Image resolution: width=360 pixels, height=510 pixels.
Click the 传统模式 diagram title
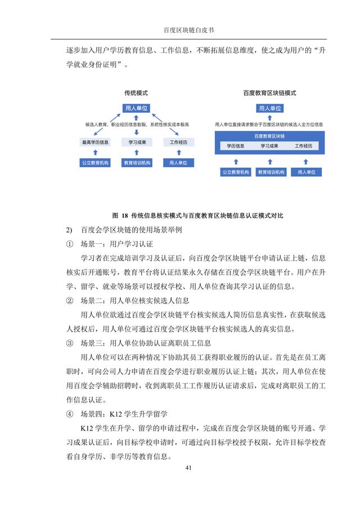coord(136,93)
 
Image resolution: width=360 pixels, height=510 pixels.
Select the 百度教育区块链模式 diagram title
coord(269,93)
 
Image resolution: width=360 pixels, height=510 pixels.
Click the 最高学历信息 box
coord(96,142)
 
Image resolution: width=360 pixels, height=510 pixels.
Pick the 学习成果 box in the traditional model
coord(137,142)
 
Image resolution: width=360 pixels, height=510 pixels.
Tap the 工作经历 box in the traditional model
coord(178,142)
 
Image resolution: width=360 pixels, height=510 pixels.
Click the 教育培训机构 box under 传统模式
coord(137,163)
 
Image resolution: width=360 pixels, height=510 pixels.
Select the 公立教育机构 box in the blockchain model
coord(235,172)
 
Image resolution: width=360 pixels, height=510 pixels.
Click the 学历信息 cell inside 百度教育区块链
coord(235,146)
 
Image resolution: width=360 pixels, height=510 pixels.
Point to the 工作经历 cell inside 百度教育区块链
coord(304,146)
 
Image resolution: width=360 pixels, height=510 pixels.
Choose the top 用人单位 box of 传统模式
coord(136,108)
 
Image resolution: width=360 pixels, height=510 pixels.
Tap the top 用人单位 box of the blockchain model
coord(269,108)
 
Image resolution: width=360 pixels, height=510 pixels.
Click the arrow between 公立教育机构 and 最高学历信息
coord(96,153)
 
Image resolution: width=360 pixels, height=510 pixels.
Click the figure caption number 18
coord(124,216)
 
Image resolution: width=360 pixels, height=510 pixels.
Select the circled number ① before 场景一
coord(70,244)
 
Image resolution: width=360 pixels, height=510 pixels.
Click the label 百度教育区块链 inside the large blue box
coord(269,136)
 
